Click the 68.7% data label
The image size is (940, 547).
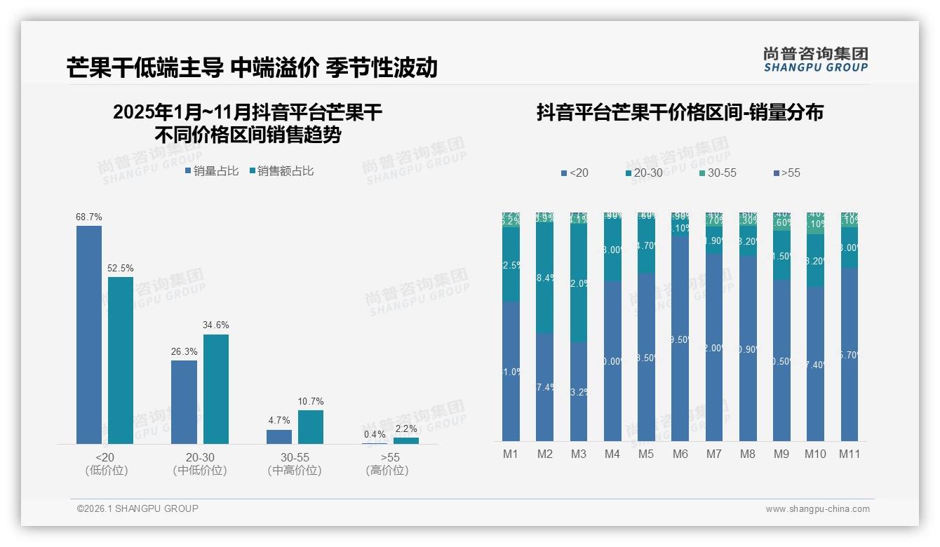(x=89, y=217)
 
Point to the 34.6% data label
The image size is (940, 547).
(x=216, y=325)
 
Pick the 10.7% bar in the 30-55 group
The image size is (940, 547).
(x=311, y=427)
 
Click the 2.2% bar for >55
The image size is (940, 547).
(x=406, y=440)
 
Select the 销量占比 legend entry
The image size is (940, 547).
(x=212, y=171)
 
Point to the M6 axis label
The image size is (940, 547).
(x=680, y=454)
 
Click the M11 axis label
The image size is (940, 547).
(x=850, y=454)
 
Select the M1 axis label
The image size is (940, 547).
(x=511, y=454)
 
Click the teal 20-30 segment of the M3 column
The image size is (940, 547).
(x=578, y=283)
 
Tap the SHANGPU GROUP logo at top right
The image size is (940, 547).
(x=816, y=60)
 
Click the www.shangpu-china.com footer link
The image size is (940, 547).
(x=817, y=509)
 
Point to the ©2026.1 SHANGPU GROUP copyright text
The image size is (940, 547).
(x=137, y=508)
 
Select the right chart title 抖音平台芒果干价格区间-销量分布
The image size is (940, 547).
(x=680, y=112)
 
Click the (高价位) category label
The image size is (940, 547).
(x=387, y=471)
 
